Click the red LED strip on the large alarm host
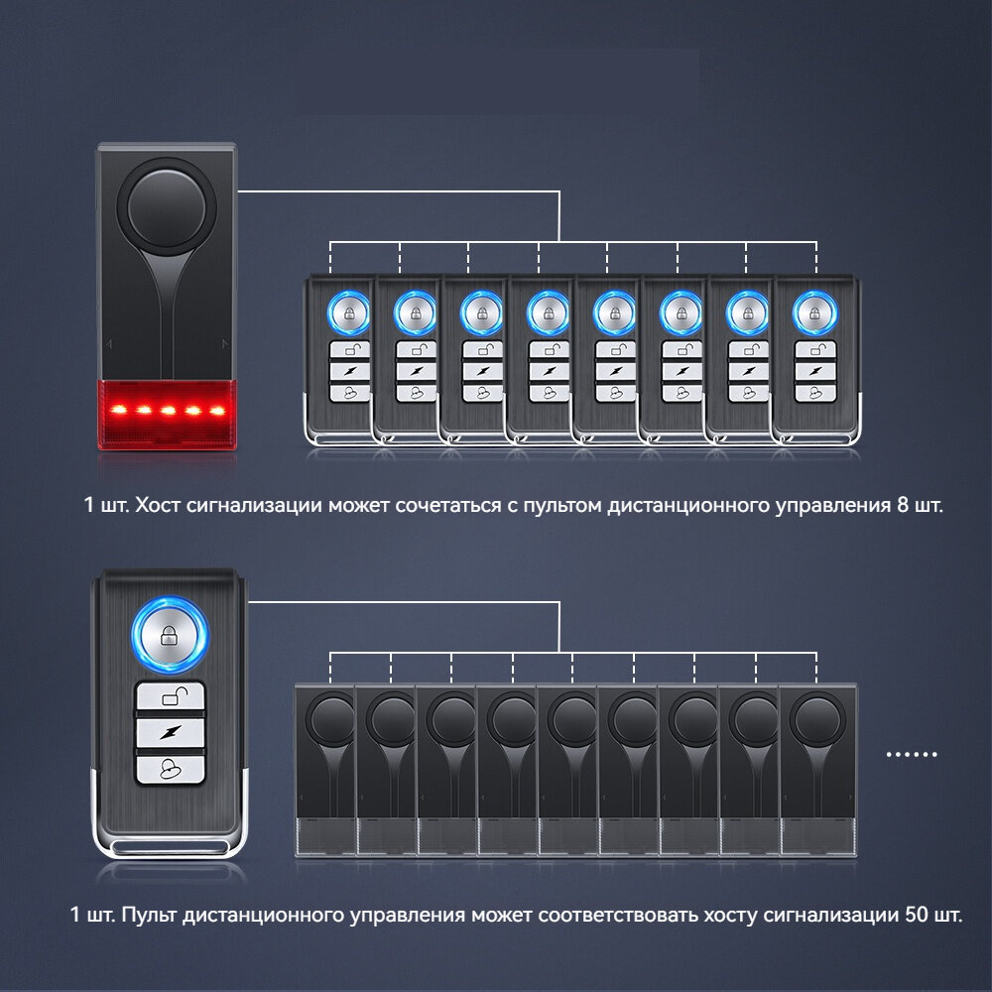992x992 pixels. click(167, 408)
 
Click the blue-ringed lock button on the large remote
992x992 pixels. click(169, 633)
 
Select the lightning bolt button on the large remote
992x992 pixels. click(169, 732)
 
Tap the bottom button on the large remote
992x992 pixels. click(169, 769)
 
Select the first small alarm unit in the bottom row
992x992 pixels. click(325, 769)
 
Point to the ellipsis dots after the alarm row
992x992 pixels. click(911, 754)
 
